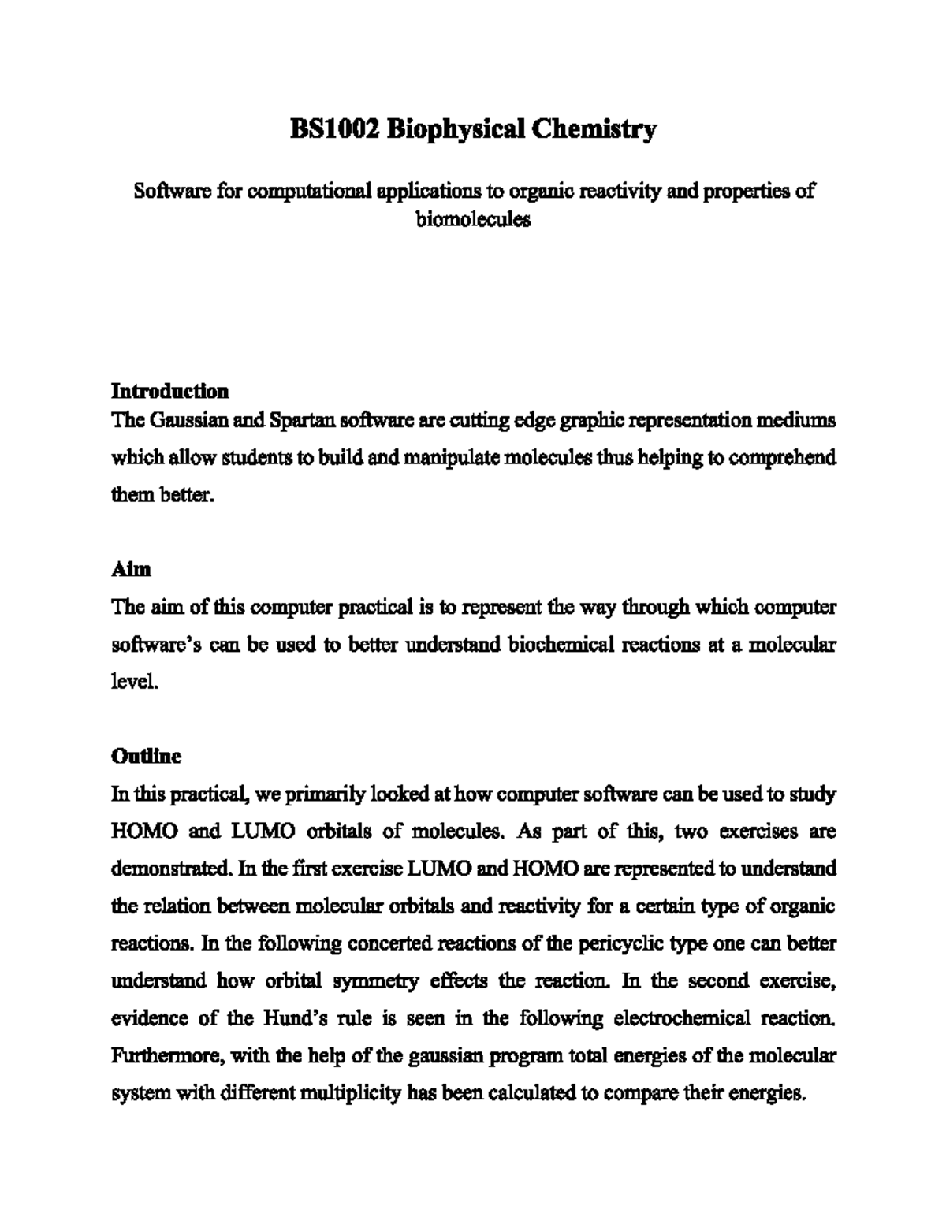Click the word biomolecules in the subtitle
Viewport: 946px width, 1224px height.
[x=473, y=219]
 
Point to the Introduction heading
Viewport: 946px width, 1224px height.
[x=170, y=391]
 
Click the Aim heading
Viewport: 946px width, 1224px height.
[x=131, y=569]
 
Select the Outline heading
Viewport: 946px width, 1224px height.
[x=147, y=756]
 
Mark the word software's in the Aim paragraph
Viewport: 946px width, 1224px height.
[x=155, y=645]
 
